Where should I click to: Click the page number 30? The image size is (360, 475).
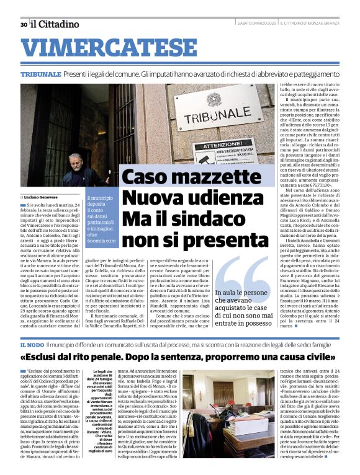coord(23,25)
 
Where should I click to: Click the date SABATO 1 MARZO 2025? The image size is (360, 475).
coord(257,24)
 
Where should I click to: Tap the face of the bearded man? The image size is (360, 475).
coord(75,163)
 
